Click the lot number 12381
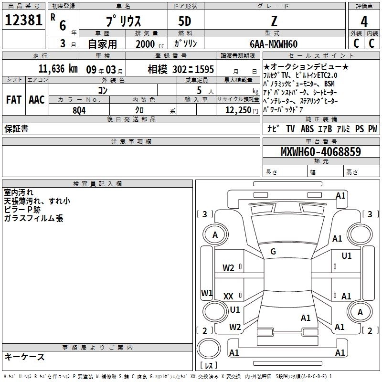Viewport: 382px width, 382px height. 24,21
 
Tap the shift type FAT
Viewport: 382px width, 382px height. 13,99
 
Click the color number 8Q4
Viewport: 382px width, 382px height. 79,109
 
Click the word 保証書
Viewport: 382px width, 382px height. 16,129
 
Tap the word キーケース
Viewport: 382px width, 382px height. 24,357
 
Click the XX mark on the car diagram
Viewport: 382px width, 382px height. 229,297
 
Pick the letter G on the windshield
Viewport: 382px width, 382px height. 273,252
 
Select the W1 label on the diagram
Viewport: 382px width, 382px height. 207,293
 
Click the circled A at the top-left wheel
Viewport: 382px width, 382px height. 215,234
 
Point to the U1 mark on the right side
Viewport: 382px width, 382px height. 347,256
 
